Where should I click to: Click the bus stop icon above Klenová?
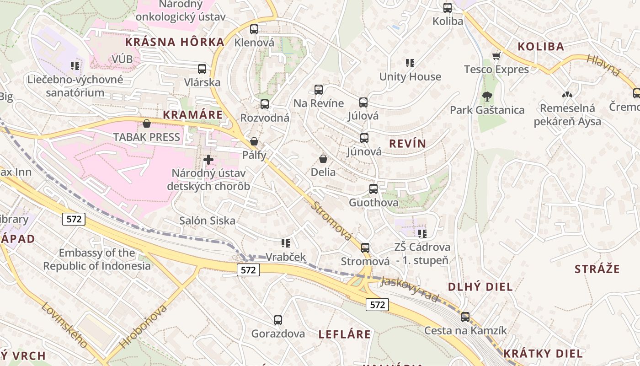click(x=254, y=29)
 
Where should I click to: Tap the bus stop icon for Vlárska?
click(x=202, y=69)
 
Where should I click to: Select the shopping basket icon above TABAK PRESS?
click(x=147, y=124)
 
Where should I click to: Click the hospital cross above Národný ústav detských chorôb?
click(x=208, y=160)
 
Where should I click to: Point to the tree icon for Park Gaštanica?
click(x=487, y=97)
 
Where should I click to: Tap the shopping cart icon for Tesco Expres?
click(x=496, y=56)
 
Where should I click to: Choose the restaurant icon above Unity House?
click(x=410, y=63)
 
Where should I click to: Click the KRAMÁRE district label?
click(x=192, y=114)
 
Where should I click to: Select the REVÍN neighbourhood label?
click(x=407, y=144)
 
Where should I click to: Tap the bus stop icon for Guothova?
click(x=373, y=189)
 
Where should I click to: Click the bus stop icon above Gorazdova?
click(x=277, y=320)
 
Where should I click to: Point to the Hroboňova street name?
click(x=143, y=326)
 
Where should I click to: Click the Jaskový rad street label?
click(x=410, y=290)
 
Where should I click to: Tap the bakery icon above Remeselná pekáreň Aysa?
click(x=567, y=95)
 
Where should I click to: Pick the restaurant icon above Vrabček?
click(x=286, y=243)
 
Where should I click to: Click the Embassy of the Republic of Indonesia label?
click(x=97, y=259)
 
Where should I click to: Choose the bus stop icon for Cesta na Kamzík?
click(x=465, y=317)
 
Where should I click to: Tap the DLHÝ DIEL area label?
click(x=480, y=287)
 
